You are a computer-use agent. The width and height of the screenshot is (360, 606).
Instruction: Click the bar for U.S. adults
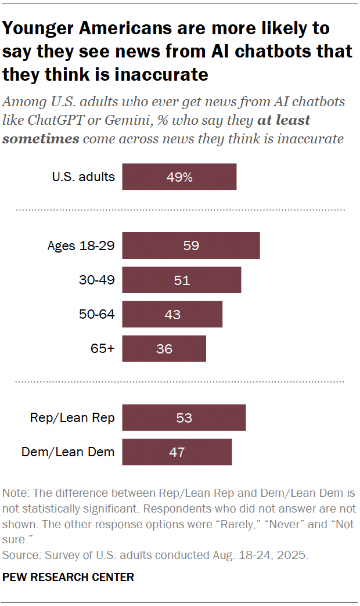click(x=179, y=176)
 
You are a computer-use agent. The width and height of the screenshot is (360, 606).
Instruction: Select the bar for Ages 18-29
click(x=191, y=245)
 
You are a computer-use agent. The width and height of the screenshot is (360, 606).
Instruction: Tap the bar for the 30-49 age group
click(x=182, y=280)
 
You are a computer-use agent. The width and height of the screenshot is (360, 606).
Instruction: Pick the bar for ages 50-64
click(x=172, y=314)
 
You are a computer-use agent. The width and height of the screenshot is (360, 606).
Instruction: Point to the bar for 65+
click(x=164, y=348)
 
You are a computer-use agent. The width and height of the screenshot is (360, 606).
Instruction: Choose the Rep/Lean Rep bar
click(x=184, y=417)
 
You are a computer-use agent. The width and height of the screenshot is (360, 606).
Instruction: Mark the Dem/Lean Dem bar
click(x=177, y=452)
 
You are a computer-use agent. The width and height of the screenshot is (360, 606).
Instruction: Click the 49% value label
click(x=179, y=177)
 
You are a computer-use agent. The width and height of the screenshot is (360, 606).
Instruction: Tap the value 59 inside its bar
click(x=191, y=246)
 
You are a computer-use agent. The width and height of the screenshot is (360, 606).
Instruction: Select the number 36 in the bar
click(x=164, y=349)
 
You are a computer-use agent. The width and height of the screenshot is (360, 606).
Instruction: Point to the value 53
click(x=184, y=418)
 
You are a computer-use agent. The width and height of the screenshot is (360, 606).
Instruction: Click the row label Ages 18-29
click(x=81, y=246)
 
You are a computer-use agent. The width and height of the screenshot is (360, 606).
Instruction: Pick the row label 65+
click(x=103, y=349)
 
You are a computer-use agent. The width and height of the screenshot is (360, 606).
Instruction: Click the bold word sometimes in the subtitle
click(x=41, y=139)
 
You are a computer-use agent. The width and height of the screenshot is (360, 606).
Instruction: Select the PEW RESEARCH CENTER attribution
click(x=69, y=577)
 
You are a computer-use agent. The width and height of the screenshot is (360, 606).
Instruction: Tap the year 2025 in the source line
click(x=291, y=555)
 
